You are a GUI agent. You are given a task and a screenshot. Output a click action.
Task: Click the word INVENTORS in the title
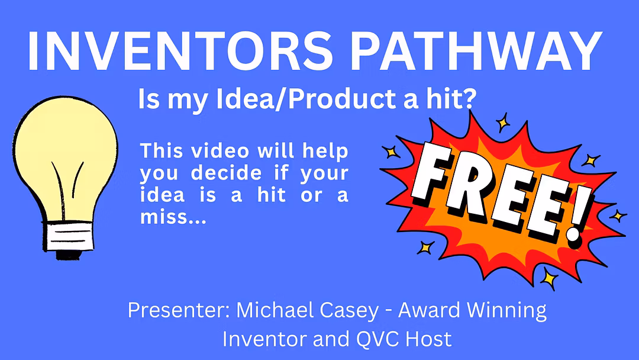180,52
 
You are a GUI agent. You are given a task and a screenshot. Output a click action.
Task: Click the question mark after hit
470,99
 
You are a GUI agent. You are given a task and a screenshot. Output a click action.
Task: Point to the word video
220,151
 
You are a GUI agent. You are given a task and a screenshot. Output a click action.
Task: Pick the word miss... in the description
173,217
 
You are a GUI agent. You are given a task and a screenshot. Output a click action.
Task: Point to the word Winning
506,311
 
